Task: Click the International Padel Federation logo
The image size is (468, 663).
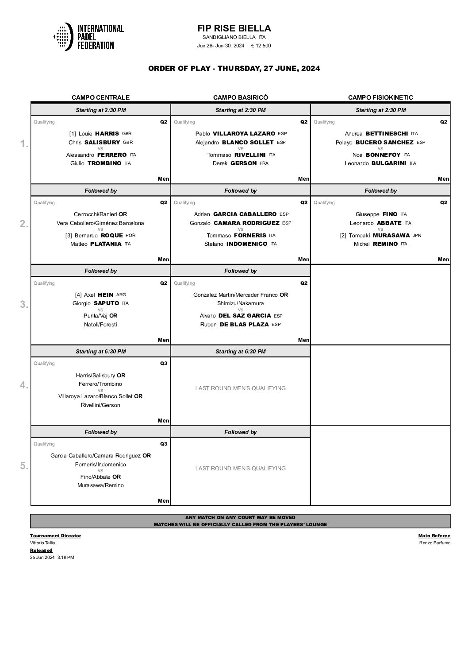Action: (88, 37)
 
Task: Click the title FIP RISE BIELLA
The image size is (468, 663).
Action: (234, 28)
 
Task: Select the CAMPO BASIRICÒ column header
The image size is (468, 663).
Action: (241, 97)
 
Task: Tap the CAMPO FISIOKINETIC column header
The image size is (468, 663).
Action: (380, 97)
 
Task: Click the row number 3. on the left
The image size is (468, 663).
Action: (24, 304)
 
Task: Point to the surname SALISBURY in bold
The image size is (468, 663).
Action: (102, 143)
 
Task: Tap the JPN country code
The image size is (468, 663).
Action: (417, 236)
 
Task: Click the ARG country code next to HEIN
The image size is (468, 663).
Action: (121, 295)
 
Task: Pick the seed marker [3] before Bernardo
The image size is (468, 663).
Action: (69, 236)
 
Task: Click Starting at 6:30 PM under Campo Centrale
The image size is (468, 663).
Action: (100, 352)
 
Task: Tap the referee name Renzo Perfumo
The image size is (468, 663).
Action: (434, 543)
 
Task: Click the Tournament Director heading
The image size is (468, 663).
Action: (55, 536)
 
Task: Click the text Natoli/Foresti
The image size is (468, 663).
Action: (100, 325)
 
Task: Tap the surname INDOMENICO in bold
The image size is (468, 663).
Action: (247, 244)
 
